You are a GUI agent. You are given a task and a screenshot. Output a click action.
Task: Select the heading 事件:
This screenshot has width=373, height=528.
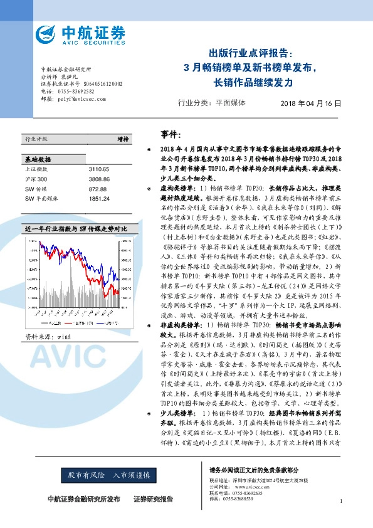click(170, 134)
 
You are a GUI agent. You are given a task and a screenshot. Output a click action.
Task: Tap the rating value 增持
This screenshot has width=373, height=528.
click(123, 139)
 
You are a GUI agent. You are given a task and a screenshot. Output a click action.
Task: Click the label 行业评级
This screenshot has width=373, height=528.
click(35, 139)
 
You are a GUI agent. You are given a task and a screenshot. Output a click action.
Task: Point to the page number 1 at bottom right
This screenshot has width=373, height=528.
click(340, 501)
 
